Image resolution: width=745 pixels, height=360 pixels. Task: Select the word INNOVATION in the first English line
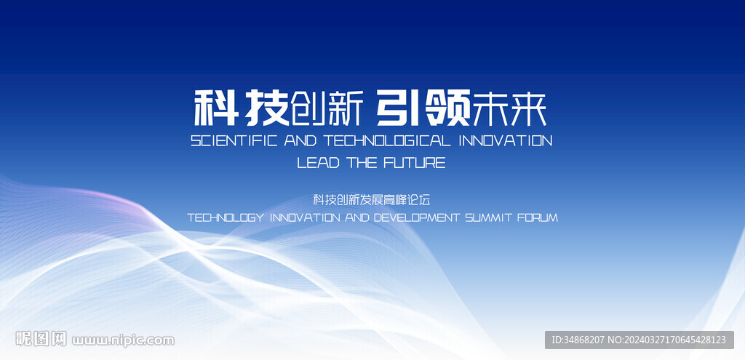[506, 140]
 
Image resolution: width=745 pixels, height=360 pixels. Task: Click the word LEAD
[319, 163]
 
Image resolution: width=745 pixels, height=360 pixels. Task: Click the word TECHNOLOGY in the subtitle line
[226, 218]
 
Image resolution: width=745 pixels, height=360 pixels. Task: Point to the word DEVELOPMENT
[417, 218]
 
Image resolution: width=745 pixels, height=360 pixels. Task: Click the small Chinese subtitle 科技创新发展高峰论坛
[372, 200]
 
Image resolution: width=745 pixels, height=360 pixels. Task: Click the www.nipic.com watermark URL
[123, 340]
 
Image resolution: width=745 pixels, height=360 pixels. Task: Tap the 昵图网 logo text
[41, 339]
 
